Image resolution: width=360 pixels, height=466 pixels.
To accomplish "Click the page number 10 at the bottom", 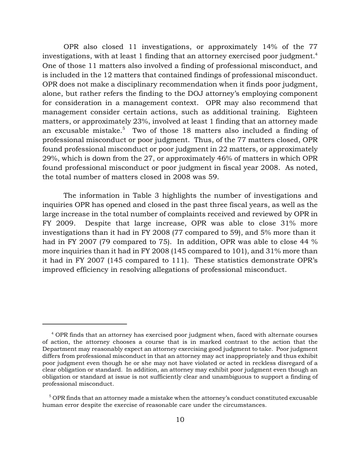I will pos(180,419).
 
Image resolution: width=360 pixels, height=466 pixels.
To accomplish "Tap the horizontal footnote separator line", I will pos(84,323).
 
